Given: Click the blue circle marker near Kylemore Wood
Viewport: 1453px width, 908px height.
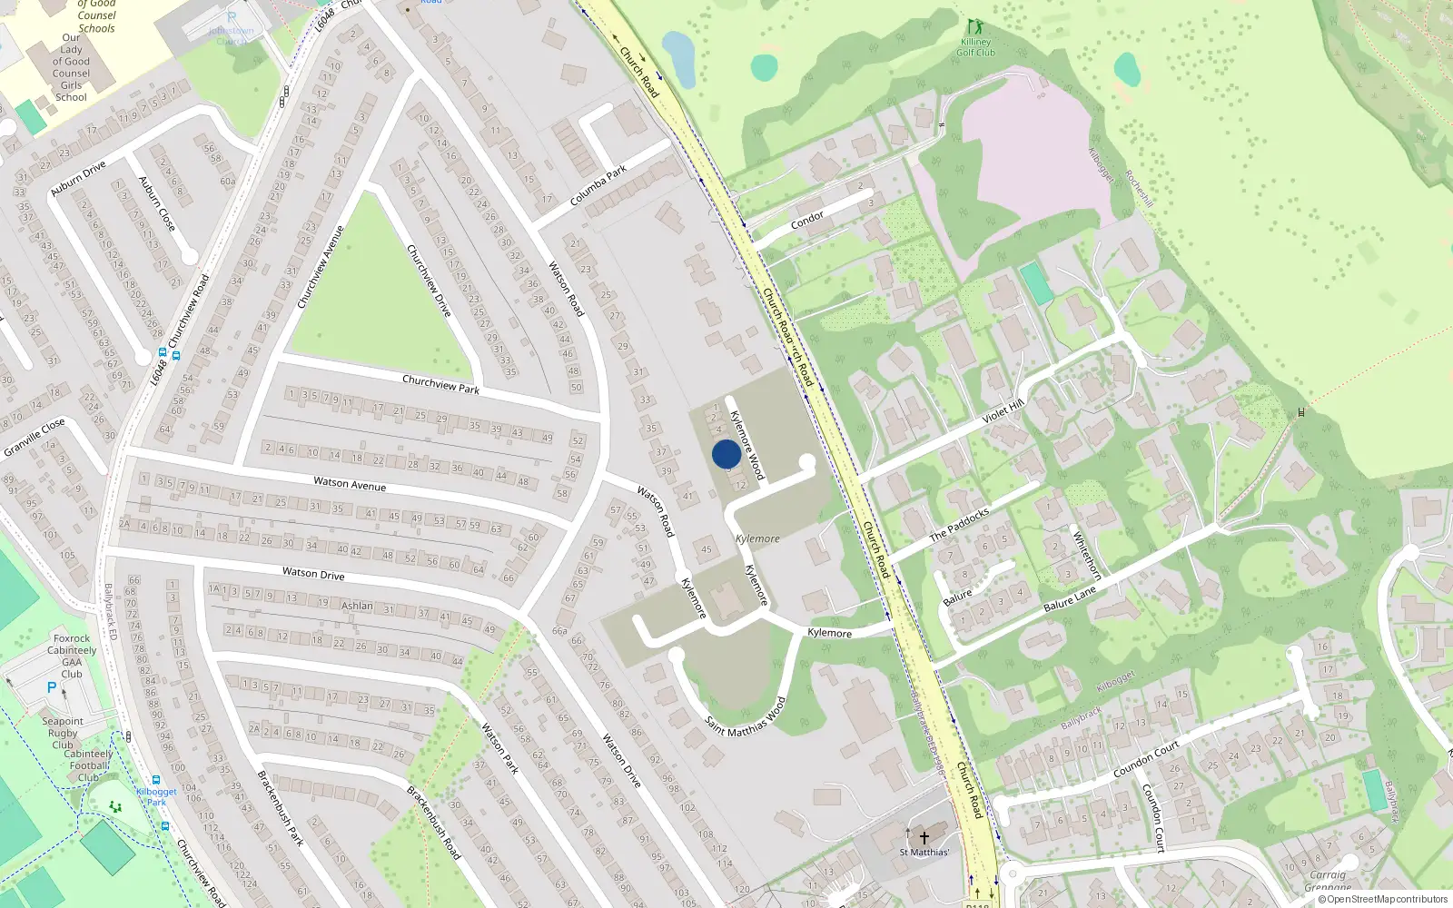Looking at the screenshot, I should tap(726, 454).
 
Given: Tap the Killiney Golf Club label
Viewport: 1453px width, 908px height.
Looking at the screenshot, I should tap(975, 47).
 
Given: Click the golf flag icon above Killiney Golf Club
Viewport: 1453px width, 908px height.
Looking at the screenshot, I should tap(974, 26).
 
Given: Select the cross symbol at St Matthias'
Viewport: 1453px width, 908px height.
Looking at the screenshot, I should tap(924, 837).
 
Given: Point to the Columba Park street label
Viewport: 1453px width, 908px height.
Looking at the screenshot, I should tap(598, 185).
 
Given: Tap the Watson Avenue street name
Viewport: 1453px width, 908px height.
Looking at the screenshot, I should tap(350, 484).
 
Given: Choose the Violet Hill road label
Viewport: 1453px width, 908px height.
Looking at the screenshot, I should tap(1003, 412).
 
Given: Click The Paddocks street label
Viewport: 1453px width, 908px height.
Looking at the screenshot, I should tap(959, 525).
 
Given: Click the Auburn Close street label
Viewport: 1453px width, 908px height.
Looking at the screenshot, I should tap(156, 203).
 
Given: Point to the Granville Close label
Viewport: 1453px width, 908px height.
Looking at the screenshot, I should tap(35, 438).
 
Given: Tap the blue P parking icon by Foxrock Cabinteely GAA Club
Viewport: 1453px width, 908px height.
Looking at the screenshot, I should tap(52, 688).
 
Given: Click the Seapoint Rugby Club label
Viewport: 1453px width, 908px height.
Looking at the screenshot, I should tap(63, 733).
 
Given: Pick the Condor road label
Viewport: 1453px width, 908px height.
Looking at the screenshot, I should tap(806, 219).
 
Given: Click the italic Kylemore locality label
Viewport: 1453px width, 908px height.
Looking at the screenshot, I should tap(757, 538).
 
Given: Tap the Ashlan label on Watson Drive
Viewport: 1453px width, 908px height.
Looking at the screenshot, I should tap(357, 606).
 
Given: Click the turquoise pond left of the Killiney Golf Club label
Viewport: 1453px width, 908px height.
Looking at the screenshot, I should tap(765, 66).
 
